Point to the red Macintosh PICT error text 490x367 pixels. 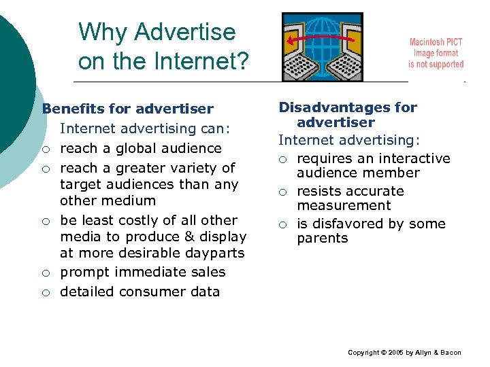pos(436,53)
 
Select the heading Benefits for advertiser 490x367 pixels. pos(127,109)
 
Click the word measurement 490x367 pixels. pos(344,205)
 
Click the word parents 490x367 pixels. pos(322,239)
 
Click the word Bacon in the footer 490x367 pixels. pos(450,353)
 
